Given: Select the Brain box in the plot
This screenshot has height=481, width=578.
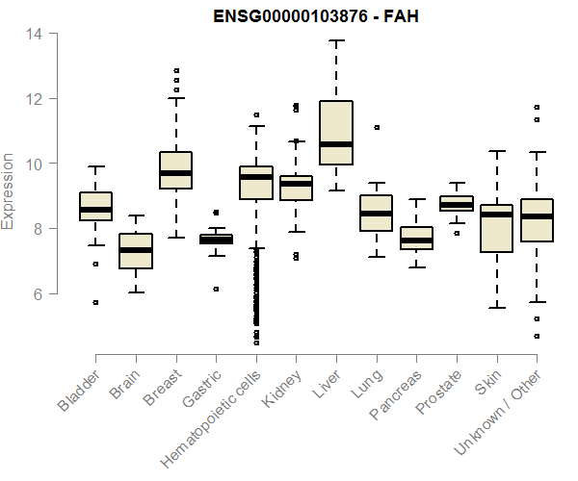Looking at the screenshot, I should point(136,251).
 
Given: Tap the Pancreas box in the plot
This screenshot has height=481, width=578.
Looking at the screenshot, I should point(416,239).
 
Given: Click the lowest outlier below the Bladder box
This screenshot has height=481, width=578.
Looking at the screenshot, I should point(95,302).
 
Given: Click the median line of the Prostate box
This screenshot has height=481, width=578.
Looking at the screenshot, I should point(457,205).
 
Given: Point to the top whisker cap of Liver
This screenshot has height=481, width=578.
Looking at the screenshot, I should point(336,40).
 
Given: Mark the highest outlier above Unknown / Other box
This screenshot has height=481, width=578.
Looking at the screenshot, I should point(537,107).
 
